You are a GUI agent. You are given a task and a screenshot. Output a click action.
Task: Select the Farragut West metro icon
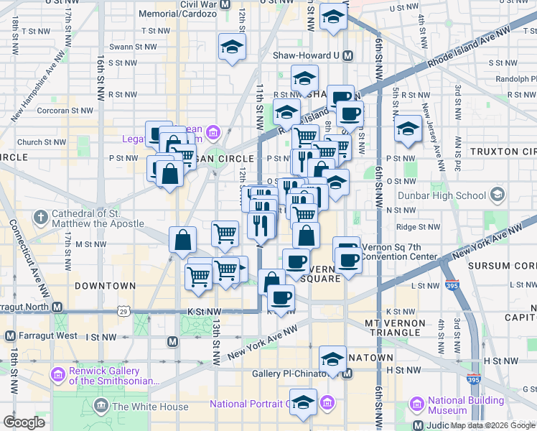click(x=10, y=335)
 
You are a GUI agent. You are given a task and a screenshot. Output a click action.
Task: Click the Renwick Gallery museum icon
click(x=57, y=375)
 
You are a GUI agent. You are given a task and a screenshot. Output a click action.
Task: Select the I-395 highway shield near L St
click(x=451, y=285)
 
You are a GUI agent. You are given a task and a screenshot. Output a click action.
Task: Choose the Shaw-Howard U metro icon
click(x=348, y=55)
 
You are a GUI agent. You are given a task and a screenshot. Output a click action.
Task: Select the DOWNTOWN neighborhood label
click(x=105, y=286)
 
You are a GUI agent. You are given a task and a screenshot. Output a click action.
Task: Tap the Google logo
click(x=24, y=422)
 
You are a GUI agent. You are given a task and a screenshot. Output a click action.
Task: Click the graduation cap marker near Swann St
click(x=231, y=49)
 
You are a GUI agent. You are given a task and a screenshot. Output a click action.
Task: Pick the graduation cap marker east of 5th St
click(x=408, y=129)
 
